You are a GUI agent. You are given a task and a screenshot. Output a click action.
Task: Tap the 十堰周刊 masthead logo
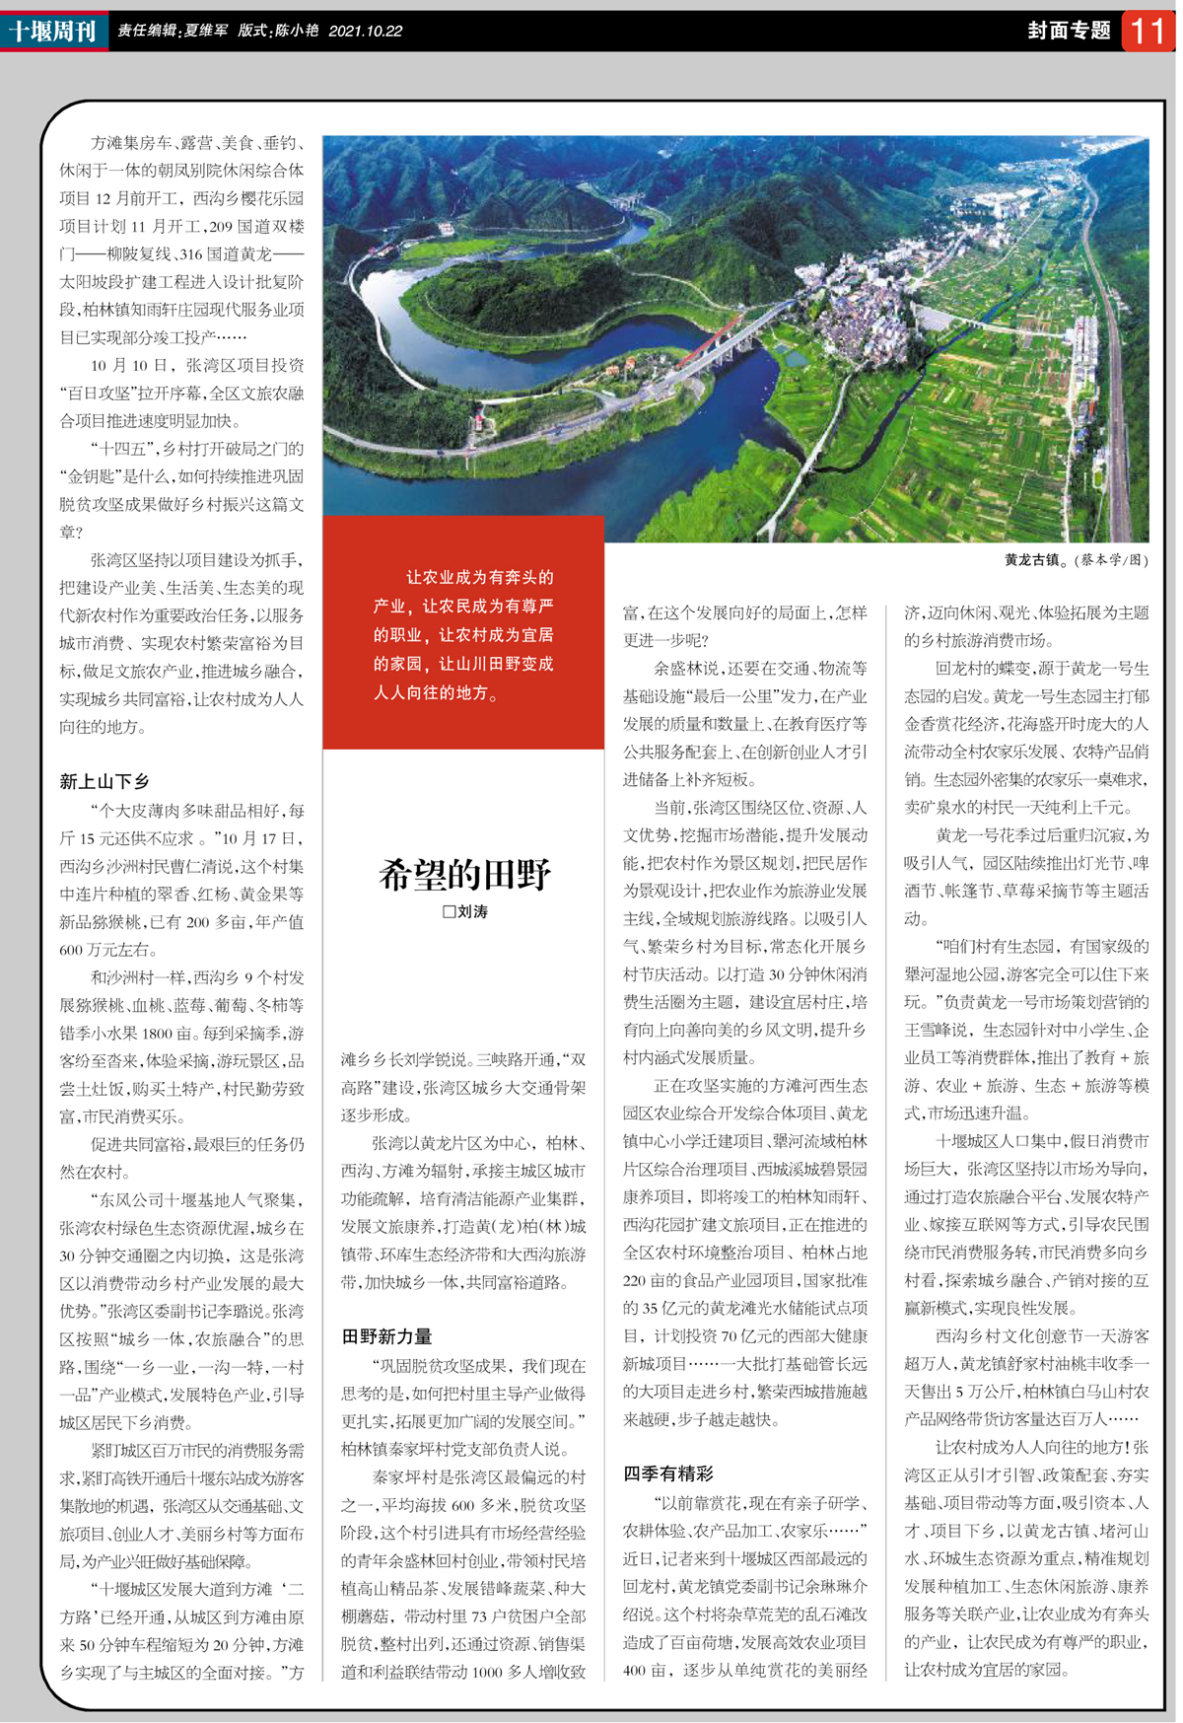(x=52, y=31)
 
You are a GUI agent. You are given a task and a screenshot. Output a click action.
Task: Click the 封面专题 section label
(x=1069, y=31)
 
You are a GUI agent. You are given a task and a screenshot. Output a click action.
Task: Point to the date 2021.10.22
(x=366, y=32)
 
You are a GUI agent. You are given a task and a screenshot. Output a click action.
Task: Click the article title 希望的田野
(x=464, y=874)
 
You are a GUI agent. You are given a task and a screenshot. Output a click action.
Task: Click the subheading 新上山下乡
(x=104, y=781)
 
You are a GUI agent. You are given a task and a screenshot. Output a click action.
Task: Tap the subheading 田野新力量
(x=386, y=1336)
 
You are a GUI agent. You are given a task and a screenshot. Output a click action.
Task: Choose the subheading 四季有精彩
(x=668, y=1473)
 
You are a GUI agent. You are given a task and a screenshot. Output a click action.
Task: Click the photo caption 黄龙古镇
(x=1033, y=560)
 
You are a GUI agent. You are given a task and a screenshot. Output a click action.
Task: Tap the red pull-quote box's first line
(x=479, y=577)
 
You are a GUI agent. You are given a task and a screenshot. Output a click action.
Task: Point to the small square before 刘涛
(x=449, y=912)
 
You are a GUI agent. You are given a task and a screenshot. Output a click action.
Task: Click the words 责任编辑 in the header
(x=147, y=32)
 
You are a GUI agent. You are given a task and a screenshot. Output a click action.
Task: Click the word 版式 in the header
(x=251, y=32)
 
